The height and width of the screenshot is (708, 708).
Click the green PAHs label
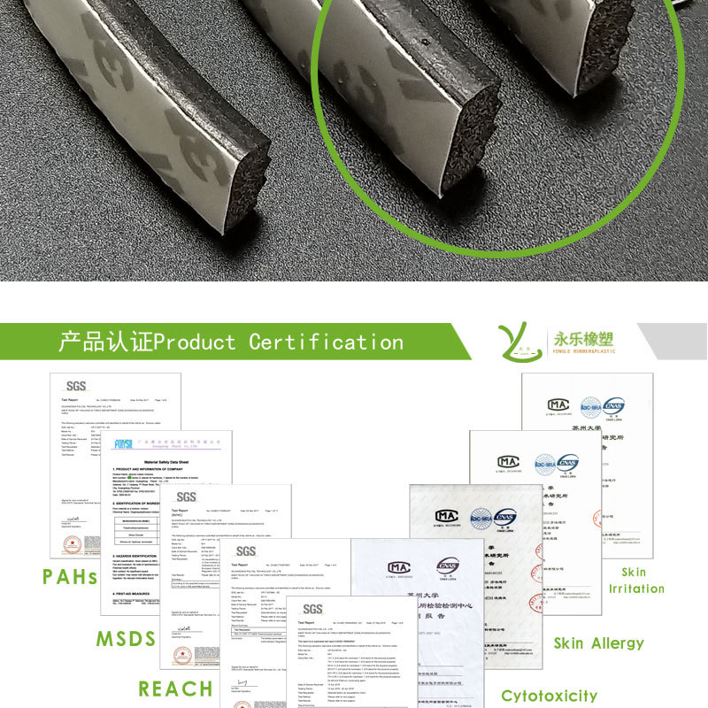pyautogui.click(x=70, y=577)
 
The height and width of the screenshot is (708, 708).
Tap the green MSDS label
pyautogui.click(x=127, y=639)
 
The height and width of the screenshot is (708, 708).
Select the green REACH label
pyautogui.click(x=175, y=689)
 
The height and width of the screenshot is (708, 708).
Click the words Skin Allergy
pyautogui.click(x=599, y=643)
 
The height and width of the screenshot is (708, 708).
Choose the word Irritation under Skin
pyautogui.click(x=635, y=589)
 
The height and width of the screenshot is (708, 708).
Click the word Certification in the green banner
pyautogui.click(x=326, y=342)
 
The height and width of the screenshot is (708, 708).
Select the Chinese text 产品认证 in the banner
pyautogui.click(x=106, y=342)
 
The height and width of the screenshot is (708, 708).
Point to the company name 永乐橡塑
pyautogui.click(x=583, y=338)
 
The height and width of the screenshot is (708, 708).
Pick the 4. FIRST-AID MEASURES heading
pyautogui.click(x=133, y=594)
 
